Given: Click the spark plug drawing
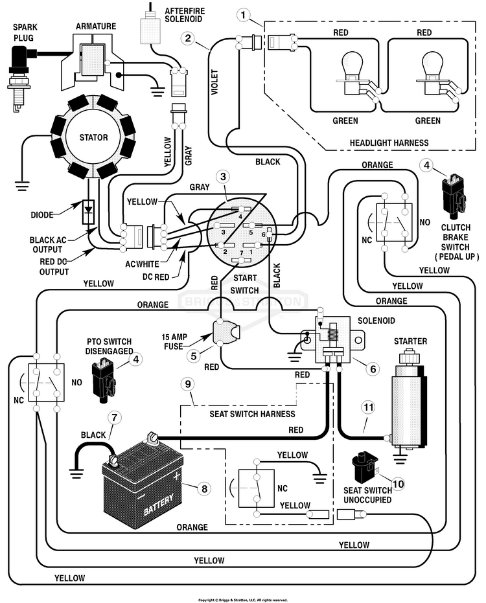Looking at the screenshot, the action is [x=20, y=78].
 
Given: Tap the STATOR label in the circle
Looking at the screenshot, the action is [x=93, y=137].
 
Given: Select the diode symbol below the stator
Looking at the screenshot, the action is [x=89, y=212].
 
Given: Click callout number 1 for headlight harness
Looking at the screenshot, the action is [x=243, y=16].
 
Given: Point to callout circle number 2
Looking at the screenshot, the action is [x=187, y=38].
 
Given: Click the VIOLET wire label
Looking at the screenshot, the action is [x=214, y=82].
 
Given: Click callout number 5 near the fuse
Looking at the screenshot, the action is [x=194, y=356].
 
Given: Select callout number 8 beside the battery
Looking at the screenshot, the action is [x=204, y=488].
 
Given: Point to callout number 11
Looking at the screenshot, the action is [x=369, y=407].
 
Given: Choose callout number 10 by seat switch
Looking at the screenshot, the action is [x=399, y=483].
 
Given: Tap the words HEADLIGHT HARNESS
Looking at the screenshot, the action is [x=389, y=143].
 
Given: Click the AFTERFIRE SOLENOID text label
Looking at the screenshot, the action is [x=184, y=15].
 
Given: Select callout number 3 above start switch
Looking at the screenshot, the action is [x=223, y=177].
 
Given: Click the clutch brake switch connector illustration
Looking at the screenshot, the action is [x=454, y=194].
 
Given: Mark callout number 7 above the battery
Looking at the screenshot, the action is [x=114, y=417].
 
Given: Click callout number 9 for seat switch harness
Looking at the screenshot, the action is [x=188, y=384].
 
